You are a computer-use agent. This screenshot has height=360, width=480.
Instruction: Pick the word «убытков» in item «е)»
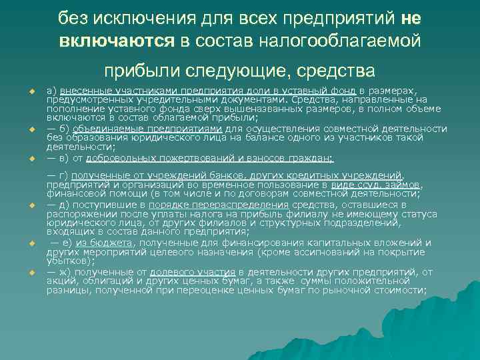tap(65, 262)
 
